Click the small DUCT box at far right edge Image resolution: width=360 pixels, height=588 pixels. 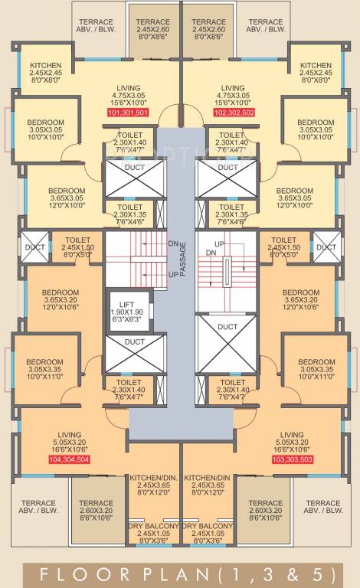325,247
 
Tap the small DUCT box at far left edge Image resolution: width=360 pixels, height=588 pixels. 34,247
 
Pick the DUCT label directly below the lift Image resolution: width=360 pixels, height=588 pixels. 135,341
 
